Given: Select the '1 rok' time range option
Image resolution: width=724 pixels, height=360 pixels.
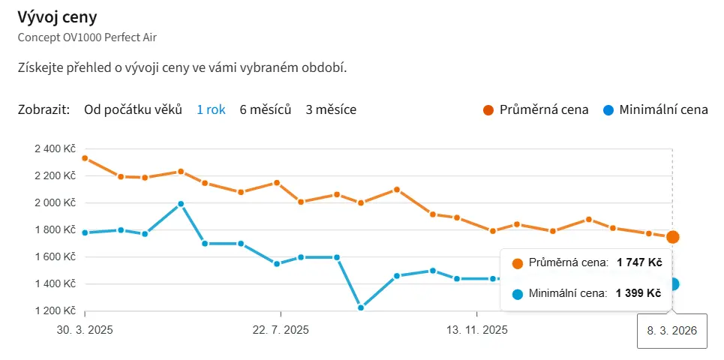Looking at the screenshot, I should click(211, 109).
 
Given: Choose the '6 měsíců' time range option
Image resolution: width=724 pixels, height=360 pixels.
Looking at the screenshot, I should click(265, 109).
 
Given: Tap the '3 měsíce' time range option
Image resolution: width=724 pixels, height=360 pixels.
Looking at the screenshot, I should click(331, 109).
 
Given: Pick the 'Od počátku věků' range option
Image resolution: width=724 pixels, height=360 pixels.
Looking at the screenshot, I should click(133, 109).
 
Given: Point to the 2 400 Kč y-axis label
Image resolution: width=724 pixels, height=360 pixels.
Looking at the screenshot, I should click(56, 148).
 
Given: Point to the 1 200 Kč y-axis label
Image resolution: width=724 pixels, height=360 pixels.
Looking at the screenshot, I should click(56, 310).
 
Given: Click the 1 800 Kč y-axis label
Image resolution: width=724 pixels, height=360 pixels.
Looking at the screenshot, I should click(56, 229).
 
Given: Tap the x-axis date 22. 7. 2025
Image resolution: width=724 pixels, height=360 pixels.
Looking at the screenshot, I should click(281, 330).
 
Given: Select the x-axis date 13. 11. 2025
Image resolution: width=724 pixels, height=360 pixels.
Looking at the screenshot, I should click(477, 330).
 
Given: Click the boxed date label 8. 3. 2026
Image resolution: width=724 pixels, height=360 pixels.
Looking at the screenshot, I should click(672, 330).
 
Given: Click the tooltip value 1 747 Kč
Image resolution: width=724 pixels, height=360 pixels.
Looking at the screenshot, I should click(639, 262).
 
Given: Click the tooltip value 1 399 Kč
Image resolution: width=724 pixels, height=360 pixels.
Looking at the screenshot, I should click(638, 293).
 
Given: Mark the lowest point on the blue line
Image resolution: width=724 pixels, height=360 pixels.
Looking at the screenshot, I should click(361, 307).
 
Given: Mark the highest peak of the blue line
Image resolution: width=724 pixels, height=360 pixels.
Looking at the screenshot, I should click(181, 203).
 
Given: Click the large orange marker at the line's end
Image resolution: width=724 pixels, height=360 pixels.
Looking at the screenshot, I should click(673, 237).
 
